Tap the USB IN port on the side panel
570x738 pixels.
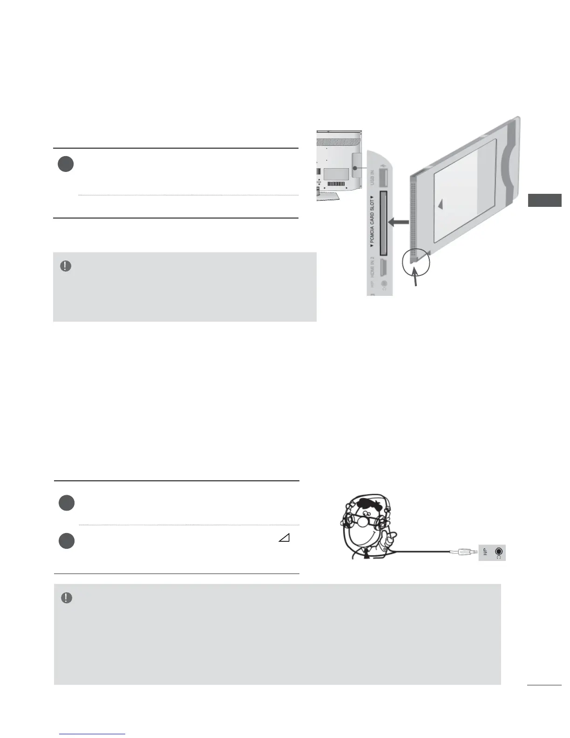click(x=384, y=178)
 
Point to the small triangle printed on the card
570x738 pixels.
click(x=440, y=205)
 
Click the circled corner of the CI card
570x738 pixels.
click(x=415, y=263)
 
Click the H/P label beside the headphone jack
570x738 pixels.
click(x=485, y=552)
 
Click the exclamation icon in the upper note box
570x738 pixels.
click(x=66, y=266)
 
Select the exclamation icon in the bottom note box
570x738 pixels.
click(x=67, y=598)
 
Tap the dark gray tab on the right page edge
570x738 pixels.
click(x=544, y=200)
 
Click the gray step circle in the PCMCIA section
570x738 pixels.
click(x=66, y=164)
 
